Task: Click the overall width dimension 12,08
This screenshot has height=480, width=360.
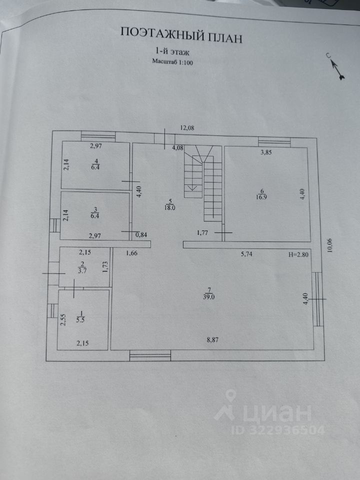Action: tap(187, 128)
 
